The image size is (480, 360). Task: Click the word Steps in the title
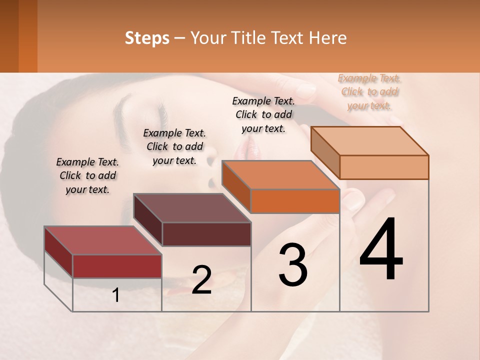(x=147, y=38)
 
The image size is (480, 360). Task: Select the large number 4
(x=381, y=250)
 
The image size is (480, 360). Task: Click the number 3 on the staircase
(x=293, y=265)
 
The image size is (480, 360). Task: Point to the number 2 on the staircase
(x=201, y=280)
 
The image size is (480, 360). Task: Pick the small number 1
(x=116, y=295)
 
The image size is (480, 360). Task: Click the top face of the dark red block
(x=102, y=240)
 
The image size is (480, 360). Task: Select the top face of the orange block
(x=280, y=175)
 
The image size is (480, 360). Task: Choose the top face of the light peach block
(x=369, y=141)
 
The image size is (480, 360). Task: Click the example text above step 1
(x=87, y=175)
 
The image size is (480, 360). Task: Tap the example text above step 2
(x=174, y=146)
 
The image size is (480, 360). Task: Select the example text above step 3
(x=263, y=114)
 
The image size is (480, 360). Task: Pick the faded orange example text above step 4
(x=369, y=91)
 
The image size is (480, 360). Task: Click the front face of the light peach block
(x=384, y=167)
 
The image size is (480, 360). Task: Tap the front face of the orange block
(x=295, y=201)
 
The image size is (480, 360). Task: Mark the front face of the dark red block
(x=117, y=266)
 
